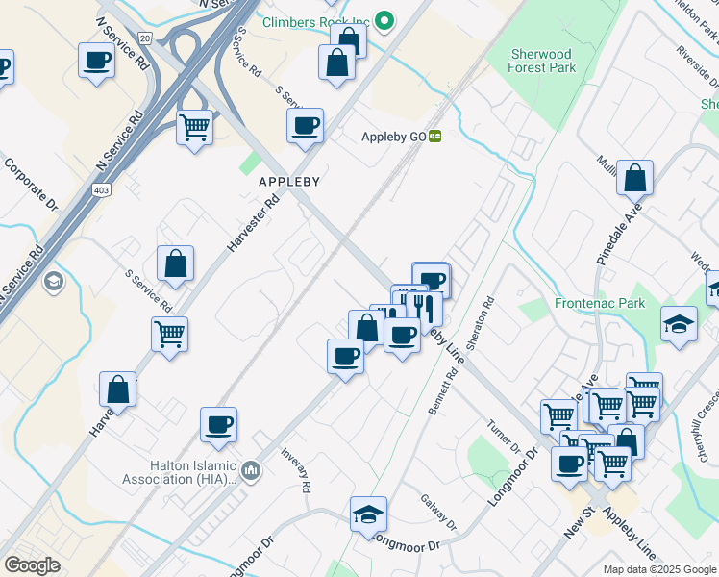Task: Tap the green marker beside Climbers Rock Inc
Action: (384, 19)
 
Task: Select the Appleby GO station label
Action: (393, 137)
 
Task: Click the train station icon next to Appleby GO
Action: (435, 137)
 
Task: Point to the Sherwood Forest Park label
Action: (542, 61)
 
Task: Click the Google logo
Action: (32, 565)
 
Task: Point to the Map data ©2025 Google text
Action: (658, 569)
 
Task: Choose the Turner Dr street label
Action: (503, 438)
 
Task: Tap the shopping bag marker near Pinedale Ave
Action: (635, 178)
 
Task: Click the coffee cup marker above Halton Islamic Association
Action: (219, 425)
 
